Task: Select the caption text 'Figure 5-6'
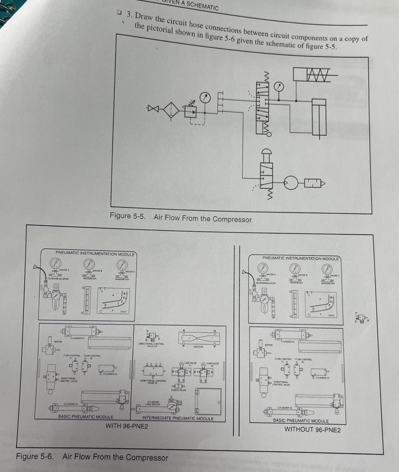(35, 457)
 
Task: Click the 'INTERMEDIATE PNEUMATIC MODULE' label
(177, 418)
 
